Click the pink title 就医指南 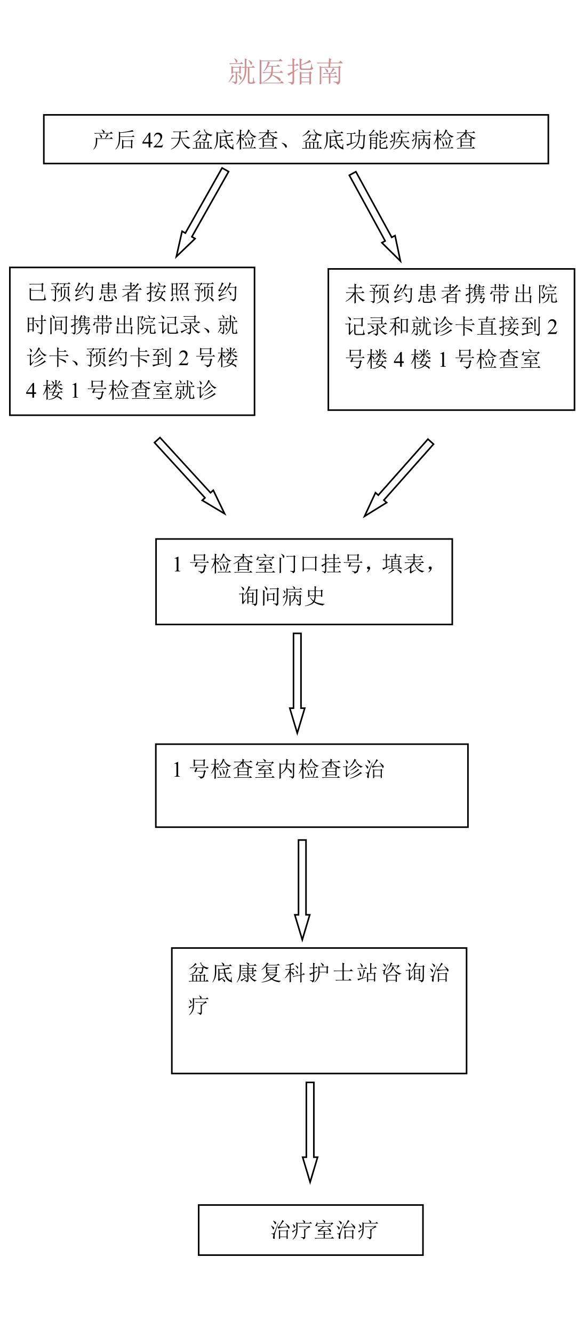pos(286,72)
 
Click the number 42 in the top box pos(153,140)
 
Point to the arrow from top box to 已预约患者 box pos(202,213)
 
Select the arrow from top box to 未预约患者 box pos(375,216)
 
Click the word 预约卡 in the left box pos(118,358)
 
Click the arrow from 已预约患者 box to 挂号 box pos(190,476)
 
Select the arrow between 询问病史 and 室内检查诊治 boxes pos(297,683)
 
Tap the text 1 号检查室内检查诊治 pos(278,769)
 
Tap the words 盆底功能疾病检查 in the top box pos(389,140)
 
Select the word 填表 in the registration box pos(404,564)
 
